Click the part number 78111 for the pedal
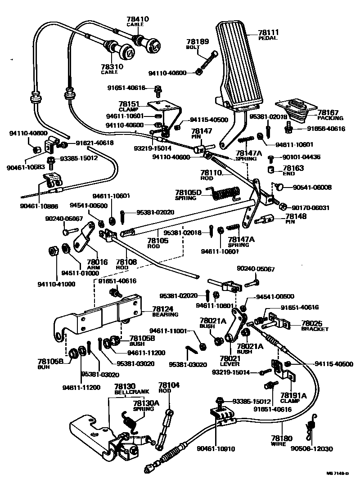[x=269, y=32]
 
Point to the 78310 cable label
[x=112, y=69]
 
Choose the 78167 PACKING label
[x=330, y=115]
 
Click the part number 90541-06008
[x=312, y=187]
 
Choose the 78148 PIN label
[x=295, y=218]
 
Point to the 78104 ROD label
[x=169, y=388]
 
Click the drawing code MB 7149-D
[x=337, y=473]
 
